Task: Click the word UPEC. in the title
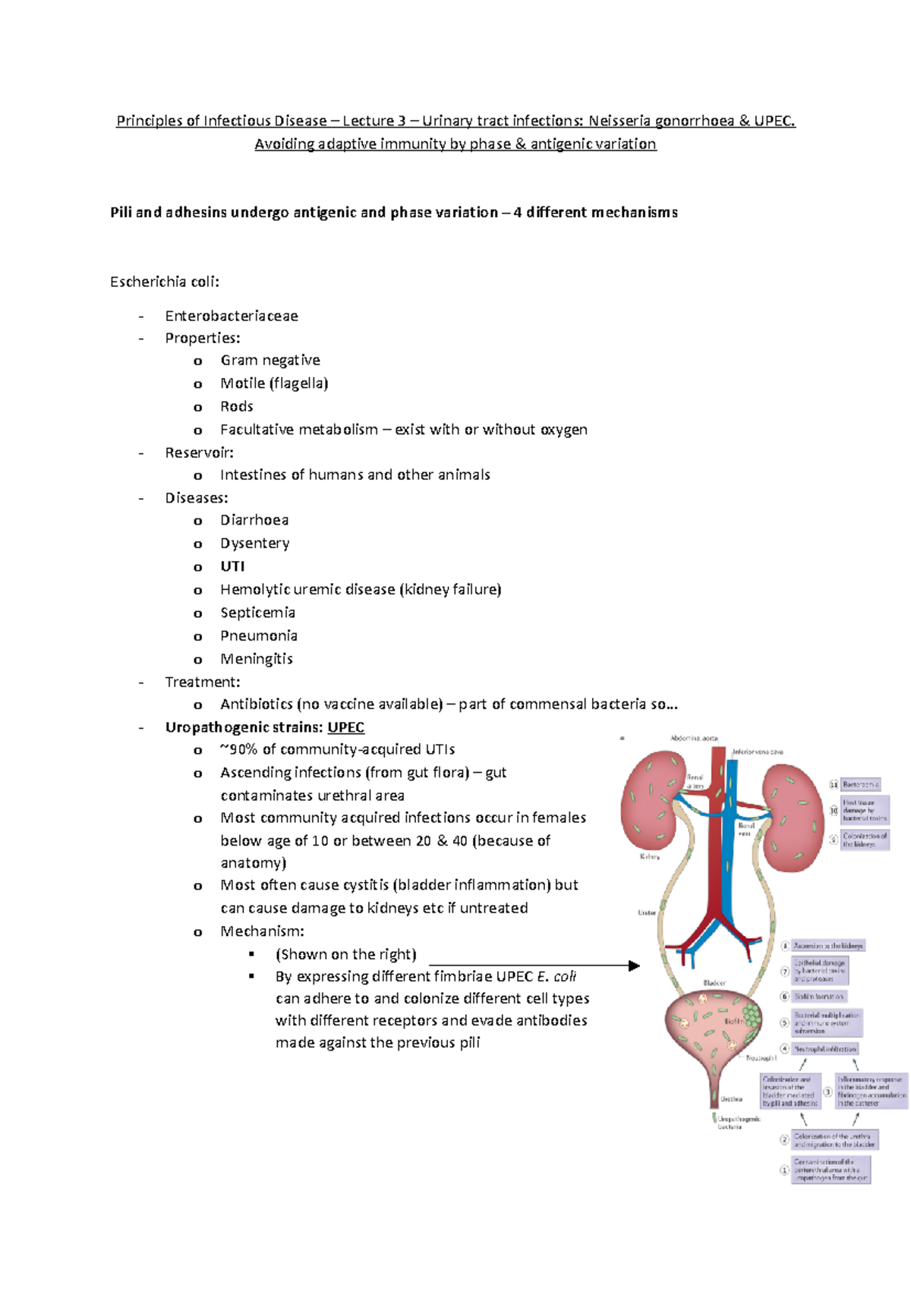[774, 121]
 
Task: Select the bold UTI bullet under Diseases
[232, 566]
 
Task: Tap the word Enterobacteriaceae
[232, 316]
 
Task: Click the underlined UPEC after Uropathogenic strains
[346, 727]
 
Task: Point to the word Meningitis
[257, 659]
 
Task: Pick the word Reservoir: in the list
[199, 452]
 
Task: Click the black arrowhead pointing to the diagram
[634, 966]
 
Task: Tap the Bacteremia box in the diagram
[861, 784]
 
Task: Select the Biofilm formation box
[819, 996]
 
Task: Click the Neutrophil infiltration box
[825, 1048]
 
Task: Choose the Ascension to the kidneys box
[828, 946]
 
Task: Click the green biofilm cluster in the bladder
[752, 1013]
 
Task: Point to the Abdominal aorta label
[694, 738]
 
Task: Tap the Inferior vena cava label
[758, 752]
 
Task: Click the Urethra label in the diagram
[731, 1098]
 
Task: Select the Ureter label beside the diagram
[647, 912]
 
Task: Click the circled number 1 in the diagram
[785, 1170]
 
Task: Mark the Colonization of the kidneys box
[865, 840]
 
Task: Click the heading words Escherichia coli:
[165, 282]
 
